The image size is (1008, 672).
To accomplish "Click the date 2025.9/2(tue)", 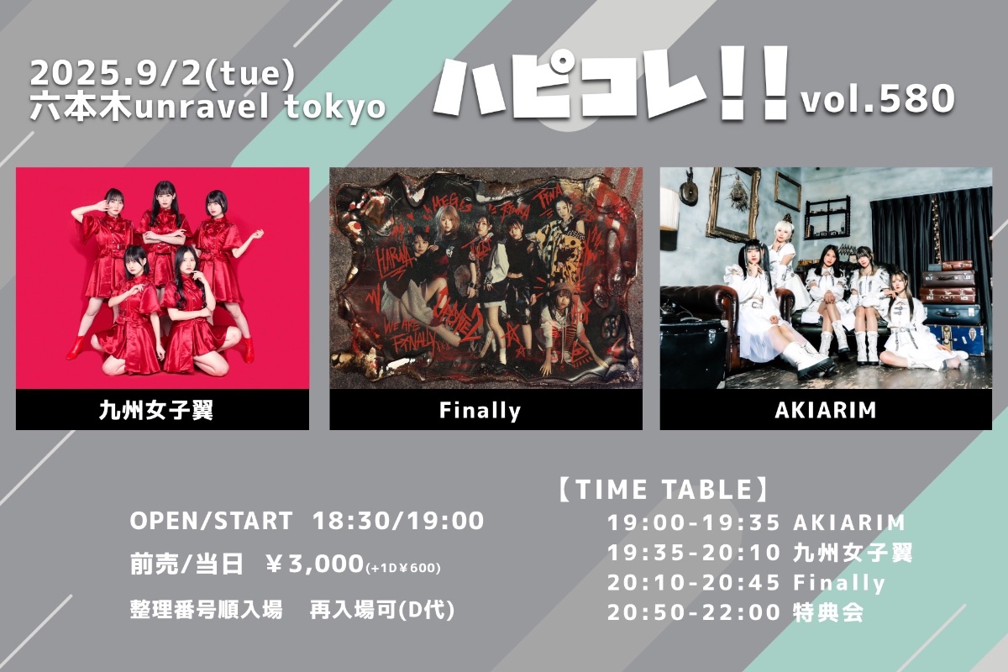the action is tap(162, 74).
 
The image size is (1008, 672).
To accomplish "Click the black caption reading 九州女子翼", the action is tap(156, 411).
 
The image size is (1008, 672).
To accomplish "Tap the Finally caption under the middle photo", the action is tap(480, 411).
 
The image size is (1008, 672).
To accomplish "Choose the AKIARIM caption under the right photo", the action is tap(825, 410).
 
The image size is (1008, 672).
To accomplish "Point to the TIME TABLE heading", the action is tap(664, 490).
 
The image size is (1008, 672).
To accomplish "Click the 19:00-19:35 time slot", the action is tap(694, 522).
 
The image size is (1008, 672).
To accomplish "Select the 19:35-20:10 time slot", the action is tap(694, 553).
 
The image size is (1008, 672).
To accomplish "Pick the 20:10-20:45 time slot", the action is tap(694, 583).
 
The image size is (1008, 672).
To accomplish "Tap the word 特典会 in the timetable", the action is tap(828, 612).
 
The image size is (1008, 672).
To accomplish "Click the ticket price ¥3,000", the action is tap(314, 564).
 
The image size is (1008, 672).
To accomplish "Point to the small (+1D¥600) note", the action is tap(403, 568).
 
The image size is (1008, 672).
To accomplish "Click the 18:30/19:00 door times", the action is tap(398, 521).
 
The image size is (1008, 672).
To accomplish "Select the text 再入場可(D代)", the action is tap(382, 611).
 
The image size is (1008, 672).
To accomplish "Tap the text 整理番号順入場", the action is tap(207, 611).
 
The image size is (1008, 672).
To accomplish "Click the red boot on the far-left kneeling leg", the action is tap(76, 348).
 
